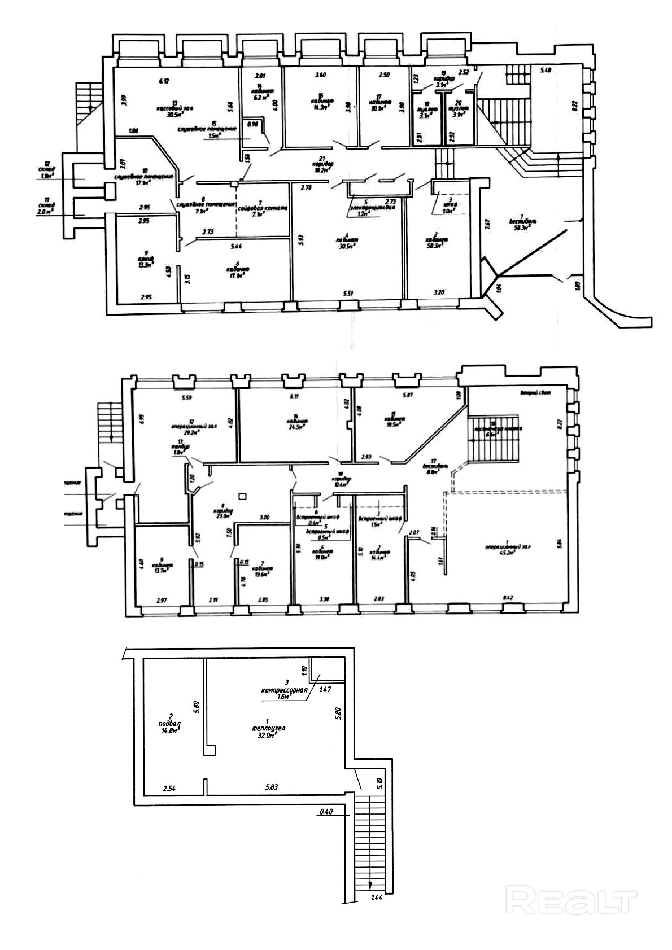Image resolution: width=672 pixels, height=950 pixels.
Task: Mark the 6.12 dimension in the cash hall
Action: [164, 81]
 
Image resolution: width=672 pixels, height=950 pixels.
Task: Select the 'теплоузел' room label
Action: [269, 728]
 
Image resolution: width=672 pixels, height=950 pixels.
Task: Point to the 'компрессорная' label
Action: [284, 690]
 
